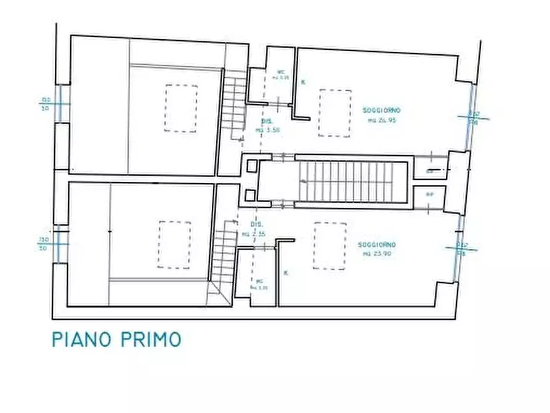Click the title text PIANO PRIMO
(x=116, y=340)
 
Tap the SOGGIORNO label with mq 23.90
(x=376, y=249)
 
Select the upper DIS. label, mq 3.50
(x=267, y=126)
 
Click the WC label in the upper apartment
(x=281, y=75)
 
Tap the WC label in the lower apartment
(x=259, y=284)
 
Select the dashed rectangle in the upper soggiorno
(x=335, y=113)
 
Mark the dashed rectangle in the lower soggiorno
(x=330, y=246)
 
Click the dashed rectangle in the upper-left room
(x=181, y=108)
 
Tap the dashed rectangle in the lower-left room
(x=175, y=245)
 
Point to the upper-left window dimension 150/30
(x=46, y=103)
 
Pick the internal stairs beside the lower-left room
(x=224, y=253)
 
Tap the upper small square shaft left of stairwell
(x=252, y=166)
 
